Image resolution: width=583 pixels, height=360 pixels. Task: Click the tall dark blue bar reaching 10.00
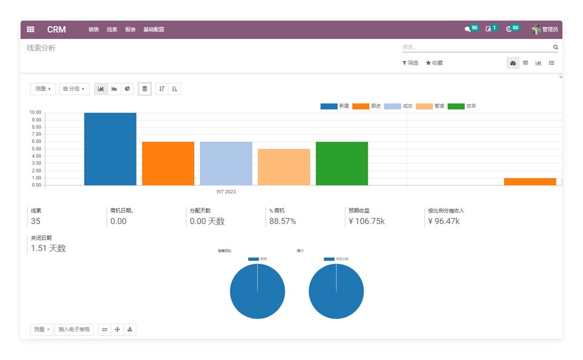[110, 148]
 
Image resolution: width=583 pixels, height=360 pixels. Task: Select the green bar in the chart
[342, 163]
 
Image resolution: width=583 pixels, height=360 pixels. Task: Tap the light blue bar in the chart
[226, 163]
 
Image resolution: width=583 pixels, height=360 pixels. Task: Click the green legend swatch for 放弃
[455, 106]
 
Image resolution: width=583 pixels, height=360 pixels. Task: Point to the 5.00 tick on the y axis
[35, 149]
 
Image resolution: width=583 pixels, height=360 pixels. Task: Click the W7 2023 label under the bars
[226, 192]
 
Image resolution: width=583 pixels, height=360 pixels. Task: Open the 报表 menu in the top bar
[130, 30]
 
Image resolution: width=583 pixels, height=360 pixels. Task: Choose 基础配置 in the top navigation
[153, 30]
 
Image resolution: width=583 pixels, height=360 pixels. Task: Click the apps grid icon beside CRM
[30, 30]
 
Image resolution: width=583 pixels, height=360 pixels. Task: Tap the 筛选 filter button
[410, 63]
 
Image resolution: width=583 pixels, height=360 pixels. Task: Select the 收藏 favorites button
[434, 63]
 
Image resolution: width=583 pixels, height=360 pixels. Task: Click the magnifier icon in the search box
[555, 47]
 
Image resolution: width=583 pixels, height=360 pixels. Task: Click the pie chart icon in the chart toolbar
[127, 89]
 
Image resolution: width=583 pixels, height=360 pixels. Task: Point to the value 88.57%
[282, 221]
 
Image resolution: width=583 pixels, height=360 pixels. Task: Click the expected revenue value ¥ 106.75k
[367, 221]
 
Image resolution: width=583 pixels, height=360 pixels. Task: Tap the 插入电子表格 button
[74, 330]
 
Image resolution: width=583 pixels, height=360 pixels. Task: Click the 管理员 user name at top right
[550, 29]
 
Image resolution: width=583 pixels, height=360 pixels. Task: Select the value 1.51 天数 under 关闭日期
[48, 248]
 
